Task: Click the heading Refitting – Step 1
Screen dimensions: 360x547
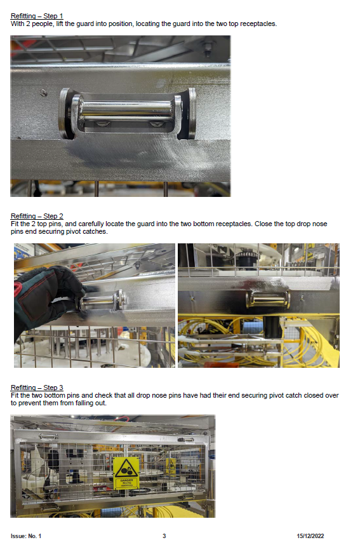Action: [x=37, y=16]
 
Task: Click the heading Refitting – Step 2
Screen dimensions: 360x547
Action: [x=37, y=216]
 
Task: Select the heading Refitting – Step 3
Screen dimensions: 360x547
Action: [x=37, y=388]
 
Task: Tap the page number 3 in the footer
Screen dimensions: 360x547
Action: [x=164, y=536]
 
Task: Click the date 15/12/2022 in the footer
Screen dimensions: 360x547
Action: [x=310, y=536]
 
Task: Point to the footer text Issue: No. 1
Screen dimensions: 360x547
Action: [x=26, y=536]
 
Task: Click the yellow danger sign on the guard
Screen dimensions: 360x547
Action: [x=126, y=473]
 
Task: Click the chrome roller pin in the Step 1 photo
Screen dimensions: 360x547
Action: [x=126, y=109]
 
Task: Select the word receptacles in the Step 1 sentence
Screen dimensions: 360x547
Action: [x=258, y=24]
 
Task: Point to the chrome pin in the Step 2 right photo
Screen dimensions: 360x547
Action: [x=268, y=300]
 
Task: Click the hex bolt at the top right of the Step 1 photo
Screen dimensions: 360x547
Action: [x=208, y=48]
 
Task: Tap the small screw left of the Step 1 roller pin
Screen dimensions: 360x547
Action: [x=43, y=93]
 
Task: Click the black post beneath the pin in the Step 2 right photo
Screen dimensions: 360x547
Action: [x=272, y=327]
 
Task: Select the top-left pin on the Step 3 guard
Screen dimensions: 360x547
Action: [x=48, y=436]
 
